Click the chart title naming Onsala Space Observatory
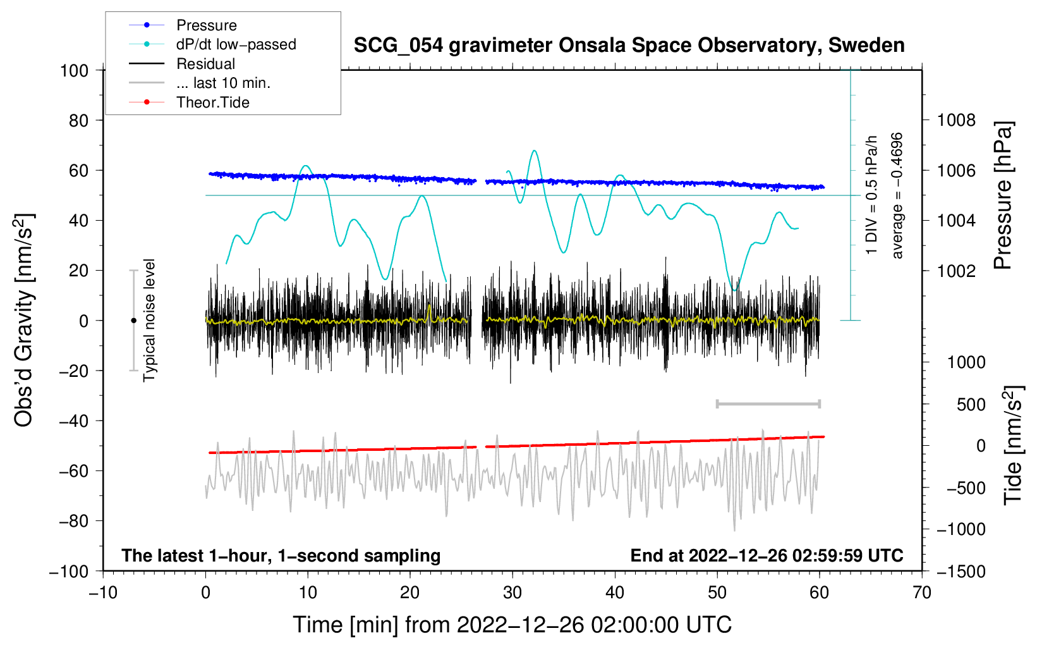point(629,46)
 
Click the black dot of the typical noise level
point(133,321)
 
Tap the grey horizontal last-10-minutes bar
point(768,404)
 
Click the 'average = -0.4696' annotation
point(896,196)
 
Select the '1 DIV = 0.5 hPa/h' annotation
point(871,195)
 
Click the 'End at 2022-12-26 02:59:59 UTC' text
point(767,556)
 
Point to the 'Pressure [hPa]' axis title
point(1003,196)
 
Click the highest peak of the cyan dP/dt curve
point(535,150)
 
